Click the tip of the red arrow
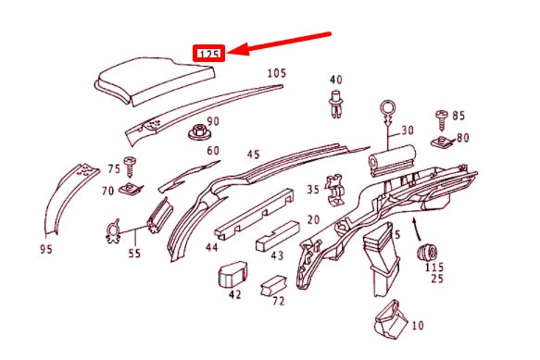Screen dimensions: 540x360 (231, 53)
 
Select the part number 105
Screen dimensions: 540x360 (277, 73)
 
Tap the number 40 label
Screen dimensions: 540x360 (335, 81)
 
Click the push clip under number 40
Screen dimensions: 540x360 (334, 104)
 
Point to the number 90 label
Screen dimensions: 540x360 (213, 121)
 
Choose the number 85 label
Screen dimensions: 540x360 (458, 116)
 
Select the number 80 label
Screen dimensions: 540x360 (462, 138)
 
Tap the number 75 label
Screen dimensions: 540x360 (114, 168)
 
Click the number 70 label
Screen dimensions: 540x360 (107, 191)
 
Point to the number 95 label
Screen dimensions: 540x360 (46, 248)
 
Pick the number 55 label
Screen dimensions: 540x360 (134, 251)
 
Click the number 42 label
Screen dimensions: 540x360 (234, 294)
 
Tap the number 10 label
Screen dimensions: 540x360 (417, 326)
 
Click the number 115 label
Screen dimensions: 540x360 (434, 267)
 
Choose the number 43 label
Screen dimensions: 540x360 (277, 256)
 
